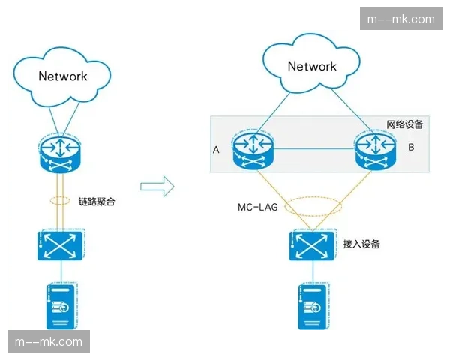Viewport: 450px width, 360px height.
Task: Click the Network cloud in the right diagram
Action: click(x=312, y=66)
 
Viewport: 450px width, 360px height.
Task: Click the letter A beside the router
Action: click(x=216, y=150)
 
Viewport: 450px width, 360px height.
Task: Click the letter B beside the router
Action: click(x=410, y=148)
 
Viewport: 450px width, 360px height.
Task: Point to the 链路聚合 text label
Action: click(x=97, y=202)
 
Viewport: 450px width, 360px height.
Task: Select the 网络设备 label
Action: click(x=404, y=124)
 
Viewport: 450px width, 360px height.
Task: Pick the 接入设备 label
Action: click(x=361, y=244)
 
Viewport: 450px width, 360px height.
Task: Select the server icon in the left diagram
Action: click(x=61, y=306)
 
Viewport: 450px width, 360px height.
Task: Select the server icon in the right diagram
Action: click(x=312, y=306)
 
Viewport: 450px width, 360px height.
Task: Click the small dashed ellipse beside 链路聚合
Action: click(x=61, y=202)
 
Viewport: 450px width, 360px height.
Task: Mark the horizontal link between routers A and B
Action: click(x=312, y=147)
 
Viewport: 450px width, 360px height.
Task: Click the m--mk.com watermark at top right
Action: click(x=402, y=19)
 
